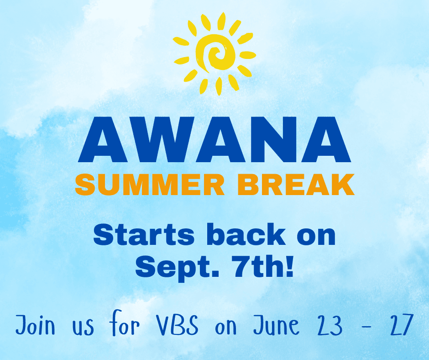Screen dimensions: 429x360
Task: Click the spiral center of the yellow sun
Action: [x=216, y=53]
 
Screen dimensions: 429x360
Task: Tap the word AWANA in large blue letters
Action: [x=214, y=140]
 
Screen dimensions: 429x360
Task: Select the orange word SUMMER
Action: [x=150, y=185]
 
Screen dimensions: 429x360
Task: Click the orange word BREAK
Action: [x=296, y=185]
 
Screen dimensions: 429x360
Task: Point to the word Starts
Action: [x=144, y=235]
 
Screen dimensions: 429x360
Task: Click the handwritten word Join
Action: [x=35, y=325]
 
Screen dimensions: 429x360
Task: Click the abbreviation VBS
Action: [x=177, y=325]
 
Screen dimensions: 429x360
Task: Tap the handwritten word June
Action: [x=276, y=325]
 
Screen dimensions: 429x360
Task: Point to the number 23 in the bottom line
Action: [x=330, y=325]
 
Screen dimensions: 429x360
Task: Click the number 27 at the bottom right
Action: [x=401, y=325]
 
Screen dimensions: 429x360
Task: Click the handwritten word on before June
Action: [x=226, y=328]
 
